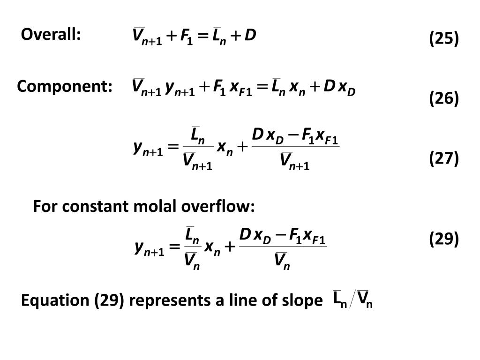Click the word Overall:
pyautogui.click(x=51, y=34)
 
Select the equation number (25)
pyautogui.click(x=443, y=38)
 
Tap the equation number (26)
pyautogui.click(x=443, y=98)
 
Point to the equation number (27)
pyautogui.click(x=443, y=158)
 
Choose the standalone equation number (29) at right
pyautogui.click(x=443, y=239)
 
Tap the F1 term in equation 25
pyautogui.click(x=184, y=36)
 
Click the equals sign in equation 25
pyautogui.click(x=203, y=36)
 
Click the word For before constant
pyautogui.click(x=43, y=206)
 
